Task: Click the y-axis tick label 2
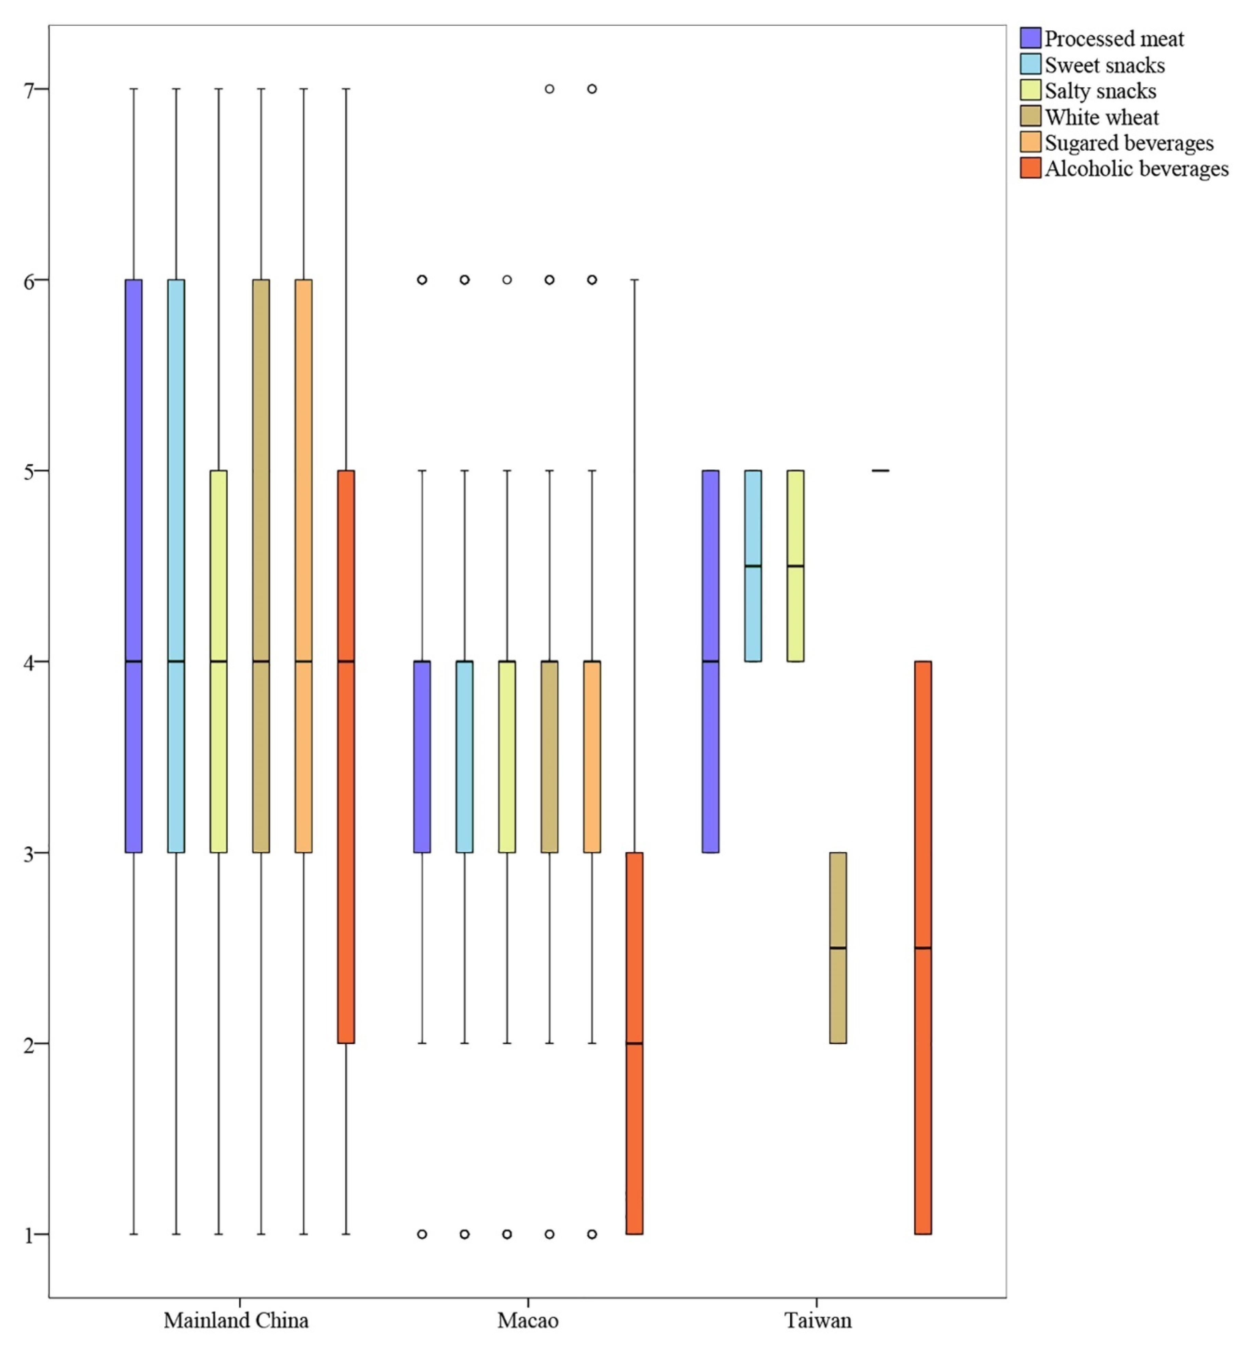(29, 1044)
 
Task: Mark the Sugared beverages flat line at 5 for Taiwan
(880, 470)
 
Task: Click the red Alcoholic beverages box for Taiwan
(922, 946)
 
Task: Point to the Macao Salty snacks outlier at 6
(507, 280)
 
